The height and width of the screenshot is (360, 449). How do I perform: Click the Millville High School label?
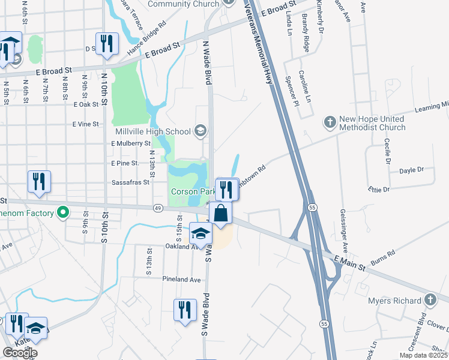[x=152, y=131]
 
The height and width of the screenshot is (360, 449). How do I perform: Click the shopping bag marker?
[x=221, y=212]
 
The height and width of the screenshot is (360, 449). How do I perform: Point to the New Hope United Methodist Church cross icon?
[x=330, y=122]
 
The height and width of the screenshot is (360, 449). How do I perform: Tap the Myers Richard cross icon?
[x=430, y=300]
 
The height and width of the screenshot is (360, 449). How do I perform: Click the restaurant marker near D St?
[x=107, y=43]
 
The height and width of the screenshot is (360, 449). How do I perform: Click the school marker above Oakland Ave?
[x=200, y=233]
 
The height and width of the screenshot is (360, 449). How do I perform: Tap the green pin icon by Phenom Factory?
[x=62, y=212]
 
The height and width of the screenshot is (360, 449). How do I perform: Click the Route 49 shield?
[x=158, y=208]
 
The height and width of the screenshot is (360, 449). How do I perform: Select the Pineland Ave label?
[x=181, y=280]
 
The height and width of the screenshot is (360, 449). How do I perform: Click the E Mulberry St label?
[x=131, y=144]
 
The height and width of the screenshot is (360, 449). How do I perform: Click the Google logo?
[x=20, y=353]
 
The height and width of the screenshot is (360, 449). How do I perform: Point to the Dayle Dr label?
[x=411, y=170]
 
